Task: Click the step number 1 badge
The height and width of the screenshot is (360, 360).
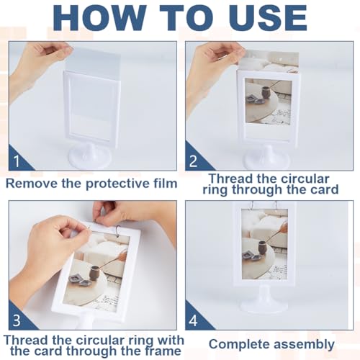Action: click(x=19, y=159)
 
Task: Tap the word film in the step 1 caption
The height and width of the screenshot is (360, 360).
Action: click(x=166, y=184)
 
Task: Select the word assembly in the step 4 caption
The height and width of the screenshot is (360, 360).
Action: click(x=304, y=345)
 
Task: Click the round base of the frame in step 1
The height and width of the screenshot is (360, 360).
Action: click(x=90, y=156)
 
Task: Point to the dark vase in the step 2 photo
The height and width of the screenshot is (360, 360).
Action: click(x=266, y=93)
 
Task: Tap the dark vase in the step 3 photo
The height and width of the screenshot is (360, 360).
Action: click(x=94, y=273)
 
